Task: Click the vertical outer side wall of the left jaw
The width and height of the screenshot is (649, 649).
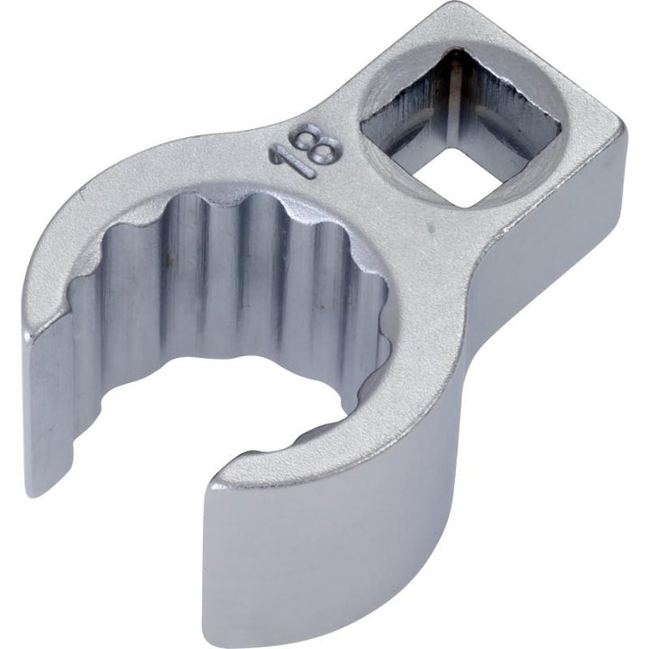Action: tap(45, 406)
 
